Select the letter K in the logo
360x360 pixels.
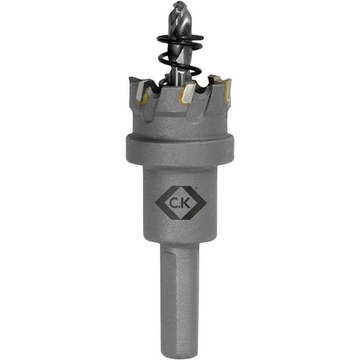tap(186, 203)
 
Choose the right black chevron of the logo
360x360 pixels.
tap(201, 204)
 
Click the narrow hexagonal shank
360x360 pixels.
tap(180, 288)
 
